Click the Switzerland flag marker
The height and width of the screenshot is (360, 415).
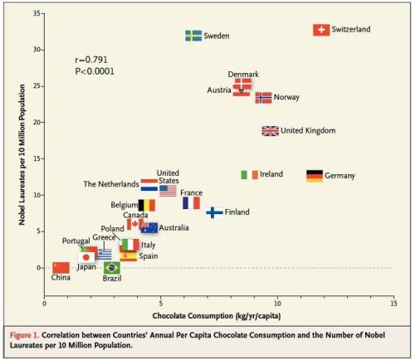tap(320, 30)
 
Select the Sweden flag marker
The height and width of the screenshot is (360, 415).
tap(193, 36)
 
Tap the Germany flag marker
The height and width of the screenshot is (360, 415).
tap(315, 176)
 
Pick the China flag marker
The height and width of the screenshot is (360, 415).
tap(61, 267)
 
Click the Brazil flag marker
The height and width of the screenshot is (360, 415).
tap(111, 268)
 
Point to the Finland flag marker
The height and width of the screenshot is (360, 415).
tap(214, 212)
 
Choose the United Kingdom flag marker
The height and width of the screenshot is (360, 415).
tap(271, 131)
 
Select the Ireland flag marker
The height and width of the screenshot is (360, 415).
tap(249, 175)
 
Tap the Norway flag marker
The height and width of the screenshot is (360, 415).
tap(264, 98)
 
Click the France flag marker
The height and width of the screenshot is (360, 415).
tap(191, 202)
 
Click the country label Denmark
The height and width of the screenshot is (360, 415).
tap(243, 75)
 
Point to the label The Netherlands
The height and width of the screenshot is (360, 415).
tap(111, 184)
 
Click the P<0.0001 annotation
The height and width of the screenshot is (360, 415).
tap(94, 71)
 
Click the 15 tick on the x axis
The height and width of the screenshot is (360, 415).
tap(393, 304)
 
